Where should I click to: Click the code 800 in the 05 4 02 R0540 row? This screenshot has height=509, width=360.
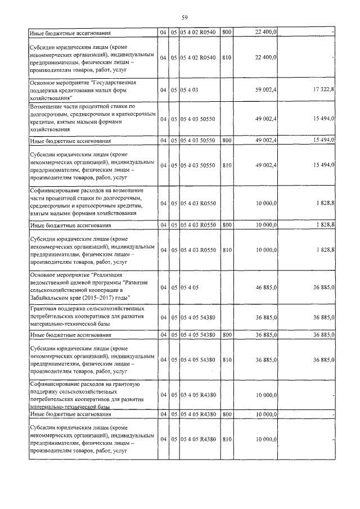227,33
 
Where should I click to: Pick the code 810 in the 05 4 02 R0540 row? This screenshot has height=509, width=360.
227,57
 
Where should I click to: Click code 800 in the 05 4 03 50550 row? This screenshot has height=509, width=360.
227,141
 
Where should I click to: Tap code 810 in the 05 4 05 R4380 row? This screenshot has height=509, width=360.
227,439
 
